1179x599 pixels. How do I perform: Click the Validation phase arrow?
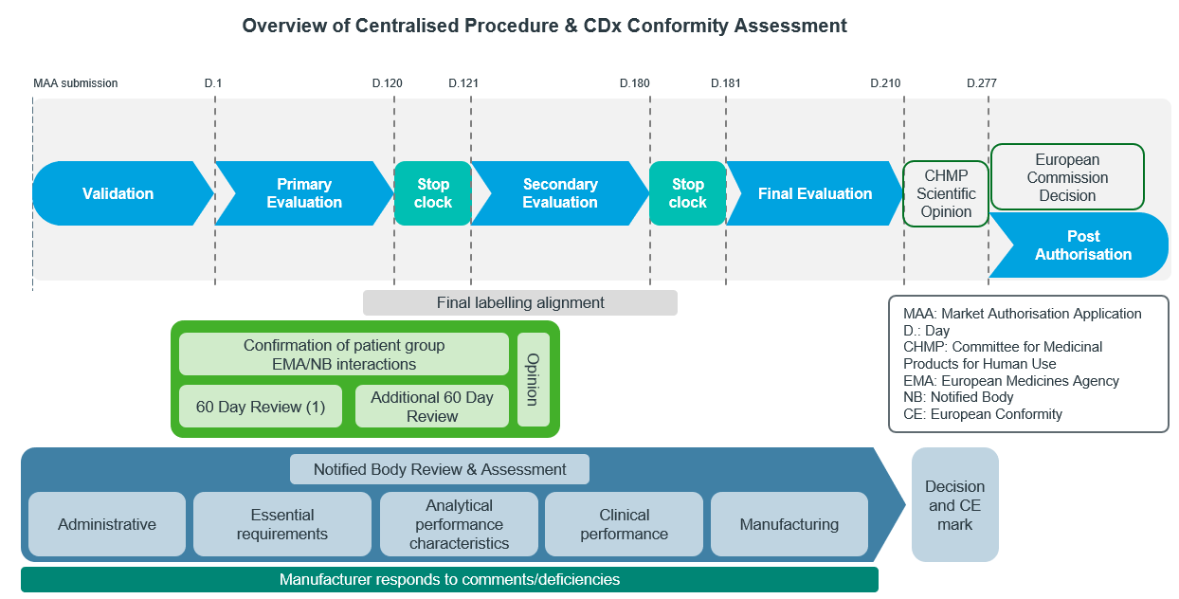pos(118,193)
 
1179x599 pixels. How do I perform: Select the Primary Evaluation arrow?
pos(304,193)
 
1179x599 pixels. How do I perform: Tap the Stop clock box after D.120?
pos(433,193)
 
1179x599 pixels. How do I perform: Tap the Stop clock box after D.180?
pos(687,193)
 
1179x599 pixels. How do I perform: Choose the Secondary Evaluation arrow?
pos(560,193)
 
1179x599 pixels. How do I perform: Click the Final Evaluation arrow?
pos(815,193)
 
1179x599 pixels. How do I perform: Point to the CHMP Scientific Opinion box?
pos(946,193)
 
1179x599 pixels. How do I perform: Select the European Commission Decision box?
pos(1067,177)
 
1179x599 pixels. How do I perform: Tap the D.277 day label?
pos(982,83)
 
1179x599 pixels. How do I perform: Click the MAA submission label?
pos(75,83)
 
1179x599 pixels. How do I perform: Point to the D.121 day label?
pos(463,83)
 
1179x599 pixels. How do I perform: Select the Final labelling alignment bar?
pos(520,302)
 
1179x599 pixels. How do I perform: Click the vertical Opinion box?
pos(534,379)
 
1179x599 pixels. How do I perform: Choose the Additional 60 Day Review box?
pos(432,407)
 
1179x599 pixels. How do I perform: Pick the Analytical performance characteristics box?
pos(459,524)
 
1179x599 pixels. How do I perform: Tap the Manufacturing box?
pos(789,524)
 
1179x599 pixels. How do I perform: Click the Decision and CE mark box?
pos(954,505)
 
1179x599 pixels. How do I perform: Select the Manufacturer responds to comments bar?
pos(449,579)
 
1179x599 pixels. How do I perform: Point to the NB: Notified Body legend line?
pos(958,397)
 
